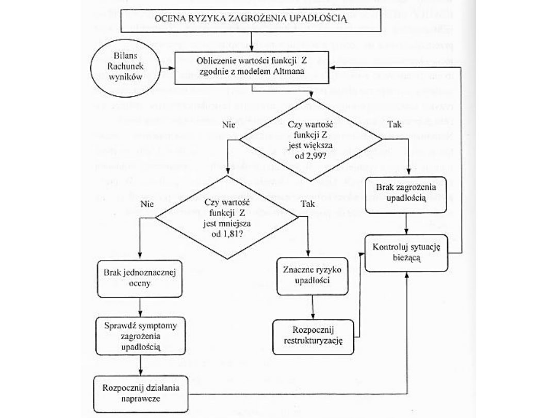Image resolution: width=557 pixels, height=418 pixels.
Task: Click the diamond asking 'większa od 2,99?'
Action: point(310,139)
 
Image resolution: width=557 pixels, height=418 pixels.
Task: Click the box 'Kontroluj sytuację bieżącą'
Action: point(406,252)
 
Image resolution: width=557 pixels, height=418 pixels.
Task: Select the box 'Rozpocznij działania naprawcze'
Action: point(140,394)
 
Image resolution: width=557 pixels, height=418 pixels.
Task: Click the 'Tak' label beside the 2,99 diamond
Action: point(394,125)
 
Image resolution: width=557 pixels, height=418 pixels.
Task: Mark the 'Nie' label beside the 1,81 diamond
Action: point(147,204)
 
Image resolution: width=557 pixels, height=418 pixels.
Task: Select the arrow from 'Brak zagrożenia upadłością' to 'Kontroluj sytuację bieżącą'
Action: point(407,223)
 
